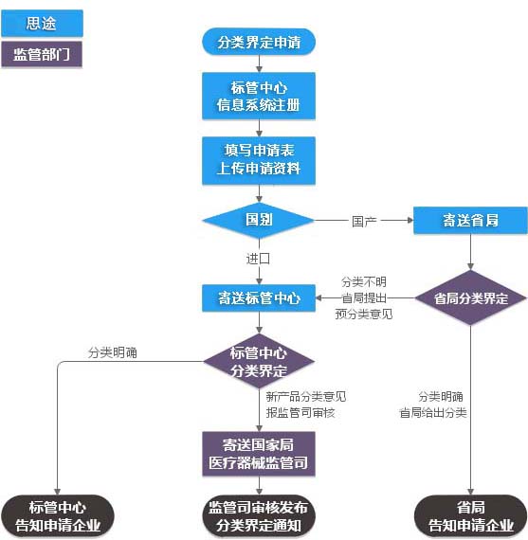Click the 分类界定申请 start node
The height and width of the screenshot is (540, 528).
coord(259,42)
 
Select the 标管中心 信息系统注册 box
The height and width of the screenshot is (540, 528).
coord(259,96)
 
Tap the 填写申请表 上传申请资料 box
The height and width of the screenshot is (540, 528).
coord(259,160)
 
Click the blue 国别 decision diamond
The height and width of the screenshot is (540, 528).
coord(259,220)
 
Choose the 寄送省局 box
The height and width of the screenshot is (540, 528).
coord(470,221)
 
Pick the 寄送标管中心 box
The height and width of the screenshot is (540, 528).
coord(259,298)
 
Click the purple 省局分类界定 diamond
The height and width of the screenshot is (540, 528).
coord(470,298)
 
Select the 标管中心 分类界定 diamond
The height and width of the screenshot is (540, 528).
coord(259,362)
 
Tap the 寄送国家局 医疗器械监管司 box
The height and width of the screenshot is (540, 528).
coord(259,455)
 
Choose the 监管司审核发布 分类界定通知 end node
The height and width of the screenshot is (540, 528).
coord(259,516)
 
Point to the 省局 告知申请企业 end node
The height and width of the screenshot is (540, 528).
coord(470,516)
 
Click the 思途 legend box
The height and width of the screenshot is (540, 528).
coord(42,23)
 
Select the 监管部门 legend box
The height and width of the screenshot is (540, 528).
coord(42,54)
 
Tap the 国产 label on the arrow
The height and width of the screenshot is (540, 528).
coord(364,221)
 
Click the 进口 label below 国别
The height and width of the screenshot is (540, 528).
coord(259,259)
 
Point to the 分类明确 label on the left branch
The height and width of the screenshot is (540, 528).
coord(112,352)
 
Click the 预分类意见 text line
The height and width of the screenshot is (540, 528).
coord(363,314)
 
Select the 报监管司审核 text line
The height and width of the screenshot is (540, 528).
coord(300,412)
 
